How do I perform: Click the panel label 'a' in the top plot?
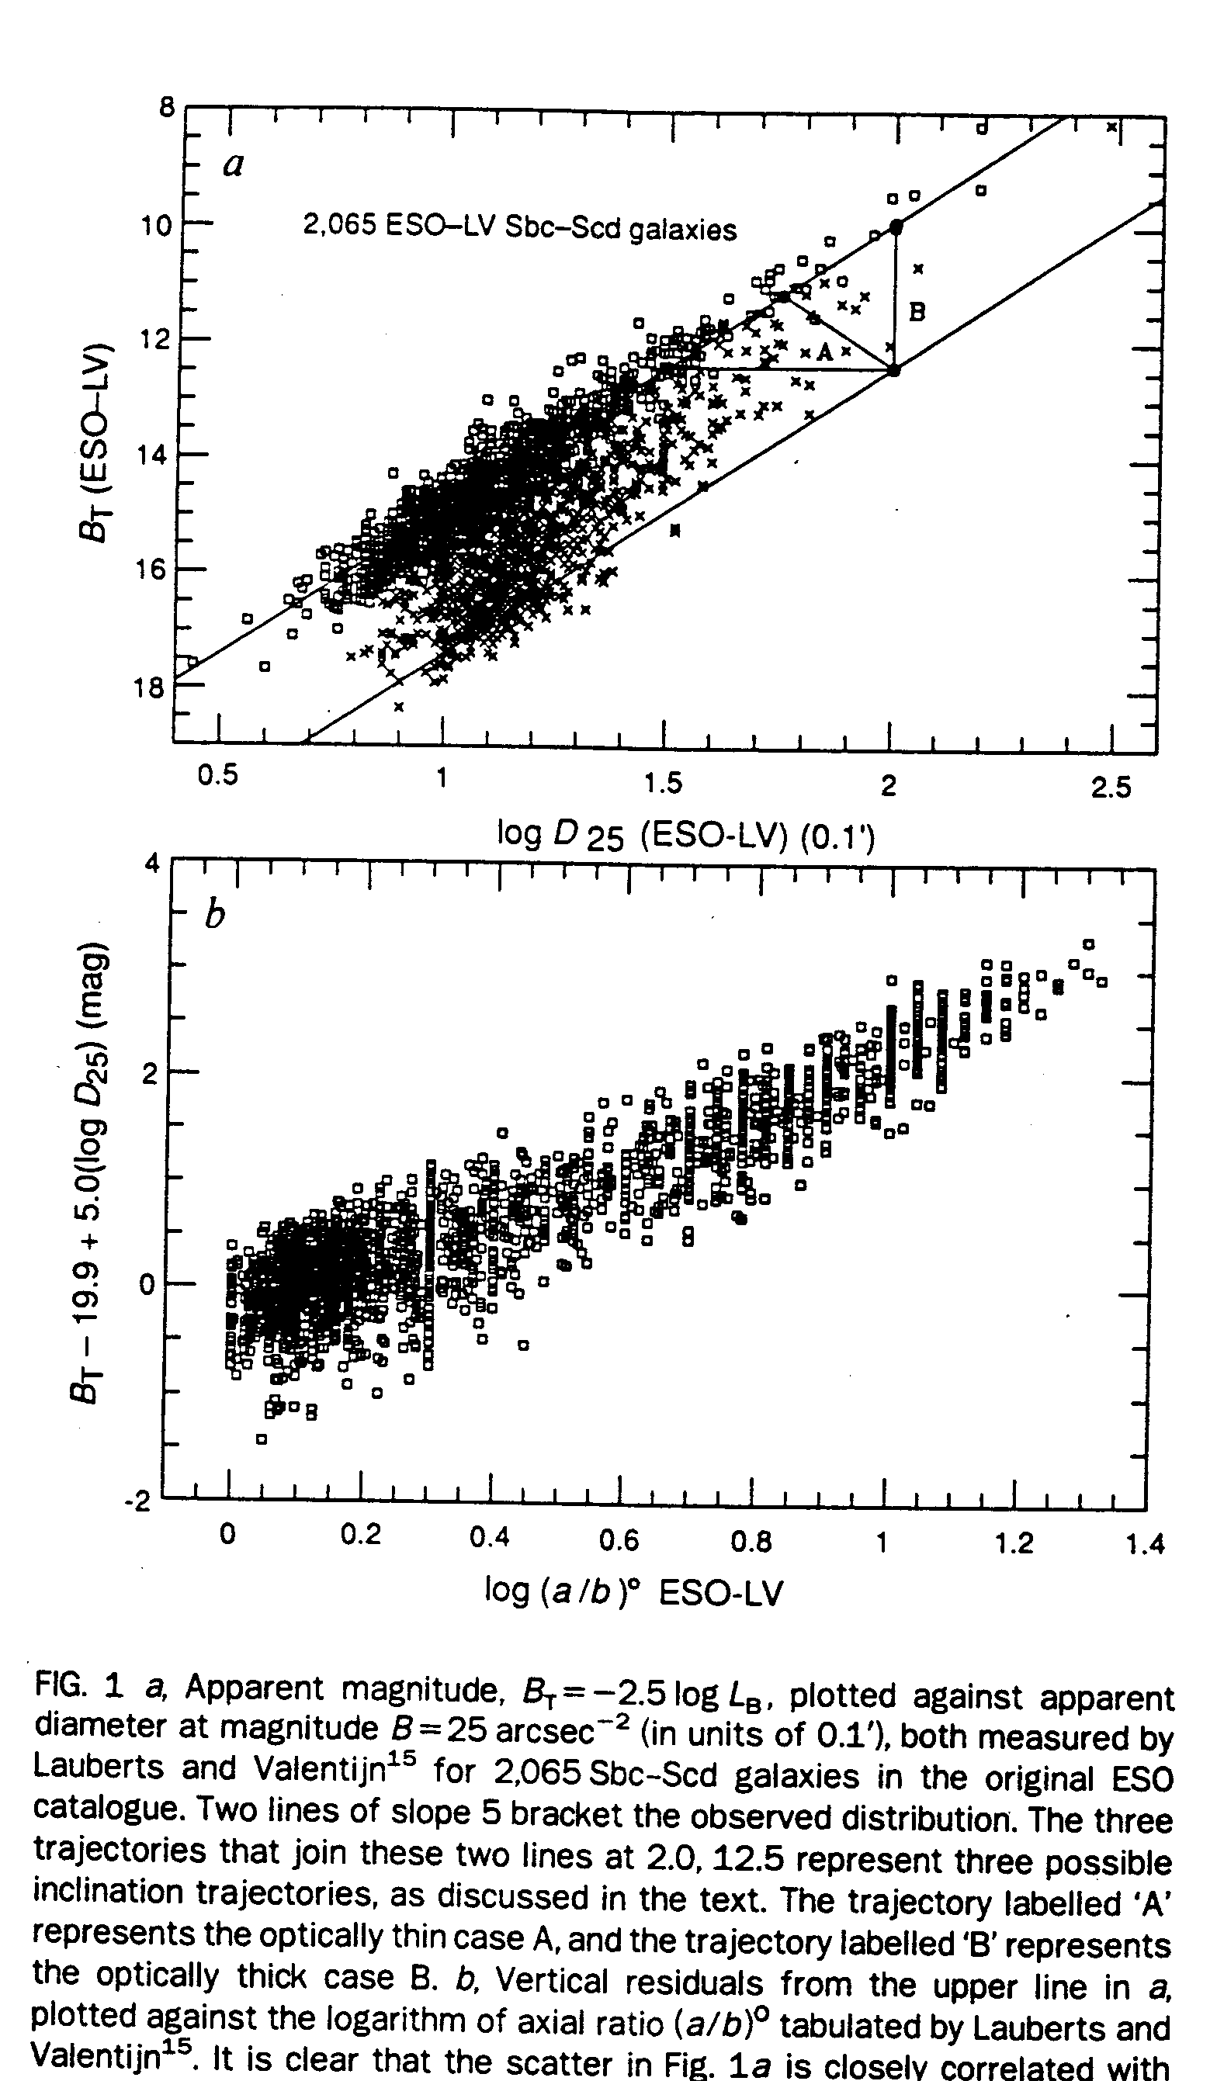tap(234, 166)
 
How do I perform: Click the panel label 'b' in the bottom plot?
tap(214, 916)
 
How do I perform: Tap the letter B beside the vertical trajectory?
tap(917, 312)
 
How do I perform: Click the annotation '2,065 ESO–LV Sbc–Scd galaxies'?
tap(520, 227)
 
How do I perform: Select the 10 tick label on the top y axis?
tap(155, 223)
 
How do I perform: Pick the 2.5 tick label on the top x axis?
tap(1111, 787)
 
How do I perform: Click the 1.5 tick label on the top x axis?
tap(664, 782)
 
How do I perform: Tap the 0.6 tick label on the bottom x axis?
tap(619, 1539)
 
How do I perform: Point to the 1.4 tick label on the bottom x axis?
tap(1145, 1543)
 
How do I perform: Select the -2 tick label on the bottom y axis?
tap(138, 1502)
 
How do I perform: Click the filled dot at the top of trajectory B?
tap(896, 227)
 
